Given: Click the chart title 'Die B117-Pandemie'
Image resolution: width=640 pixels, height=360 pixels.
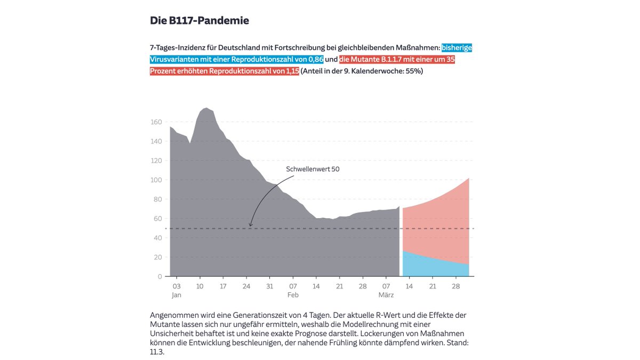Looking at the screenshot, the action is pyautogui.click(x=199, y=21).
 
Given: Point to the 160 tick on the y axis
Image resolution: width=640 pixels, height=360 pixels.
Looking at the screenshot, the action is pyautogui.click(x=156, y=122).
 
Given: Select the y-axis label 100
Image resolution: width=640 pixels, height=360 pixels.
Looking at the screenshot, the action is pyautogui.click(x=156, y=180).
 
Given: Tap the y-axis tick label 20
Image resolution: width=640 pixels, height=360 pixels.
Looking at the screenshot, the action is pyautogui.click(x=158, y=257).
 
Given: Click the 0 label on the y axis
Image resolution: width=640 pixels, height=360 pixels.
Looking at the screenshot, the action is pyautogui.click(x=159, y=277).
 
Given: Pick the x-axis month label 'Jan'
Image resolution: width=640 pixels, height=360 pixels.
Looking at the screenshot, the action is pyautogui.click(x=177, y=295).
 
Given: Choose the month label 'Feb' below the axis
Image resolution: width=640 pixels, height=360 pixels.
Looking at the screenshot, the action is pyautogui.click(x=293, y=295).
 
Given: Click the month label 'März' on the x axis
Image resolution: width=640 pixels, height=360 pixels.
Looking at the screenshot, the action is pyautogui.click(x=386, y=295).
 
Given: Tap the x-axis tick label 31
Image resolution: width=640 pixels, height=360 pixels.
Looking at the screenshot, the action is pyautogui.click(x=270, y=286).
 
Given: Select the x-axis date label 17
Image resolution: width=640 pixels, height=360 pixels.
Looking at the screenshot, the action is pyautogui.click(x=223, y=286).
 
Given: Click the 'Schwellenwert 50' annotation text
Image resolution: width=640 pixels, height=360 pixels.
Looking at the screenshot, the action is pyautogui.click(x=313, y=169).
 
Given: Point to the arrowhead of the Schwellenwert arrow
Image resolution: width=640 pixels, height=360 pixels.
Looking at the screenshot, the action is pyautogui.click(x=250, y=226).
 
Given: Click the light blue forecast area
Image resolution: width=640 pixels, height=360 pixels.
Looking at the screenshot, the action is pyautogui.click(x=429, y=266).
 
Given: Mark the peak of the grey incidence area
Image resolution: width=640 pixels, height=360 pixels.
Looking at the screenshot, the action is pyautogui.click(x=206, y=108).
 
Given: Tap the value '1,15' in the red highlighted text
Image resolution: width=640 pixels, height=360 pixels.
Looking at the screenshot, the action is pyautogui.click(x=293, y=71).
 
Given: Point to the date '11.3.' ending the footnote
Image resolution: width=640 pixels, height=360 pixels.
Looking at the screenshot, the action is pyautogui.click(x=157, y=352).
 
